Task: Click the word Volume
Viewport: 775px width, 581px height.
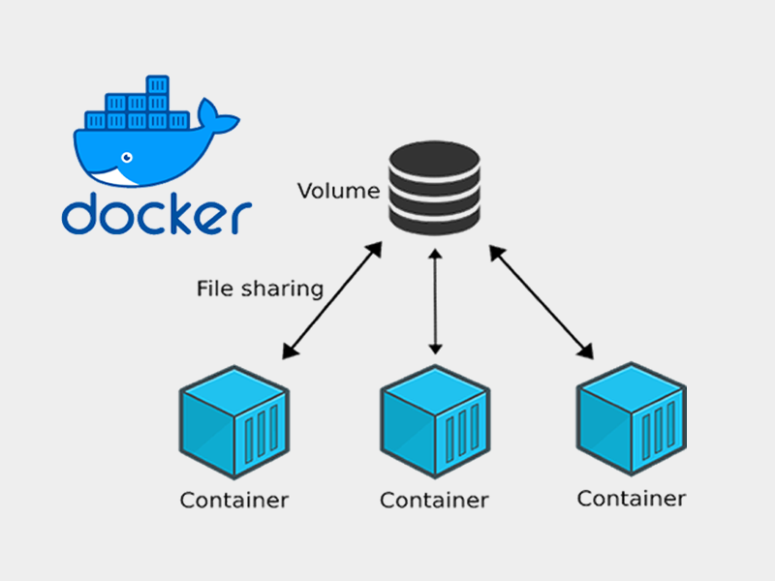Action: [338, 191]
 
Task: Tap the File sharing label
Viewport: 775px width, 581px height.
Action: [259, 288]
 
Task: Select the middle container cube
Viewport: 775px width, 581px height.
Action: [434, 421]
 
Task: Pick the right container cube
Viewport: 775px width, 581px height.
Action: [632, 418]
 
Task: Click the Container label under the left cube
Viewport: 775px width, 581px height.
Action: [233, 501]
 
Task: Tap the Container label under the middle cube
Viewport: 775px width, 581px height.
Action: [434, 501]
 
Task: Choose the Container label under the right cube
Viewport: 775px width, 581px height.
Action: [632, 499]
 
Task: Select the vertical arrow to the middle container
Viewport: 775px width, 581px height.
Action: [435, 300]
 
